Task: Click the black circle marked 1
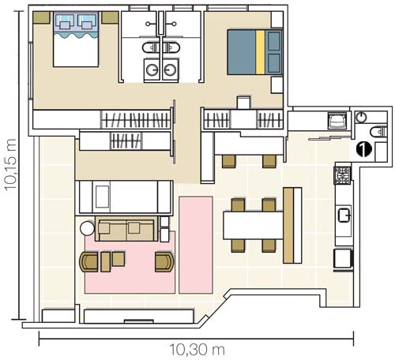[364, 149]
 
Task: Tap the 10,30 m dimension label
[197, 350]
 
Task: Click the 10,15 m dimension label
[11, 164]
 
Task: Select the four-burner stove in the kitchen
[343, 175]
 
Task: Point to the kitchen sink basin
[344, 215]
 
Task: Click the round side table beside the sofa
[87, 228]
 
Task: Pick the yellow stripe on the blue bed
[260, 52]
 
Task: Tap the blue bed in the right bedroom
[255, 52]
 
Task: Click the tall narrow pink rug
[196, 245]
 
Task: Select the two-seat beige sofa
[126, 229]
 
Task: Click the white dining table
[253, 225]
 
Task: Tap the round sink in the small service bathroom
[361, 117]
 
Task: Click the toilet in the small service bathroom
[378, 132]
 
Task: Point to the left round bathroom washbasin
[152, 69]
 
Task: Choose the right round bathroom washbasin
[170, 69]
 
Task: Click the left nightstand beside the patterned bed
[42, 17]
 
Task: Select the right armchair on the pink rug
[164, 262]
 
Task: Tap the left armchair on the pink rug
[89, 262]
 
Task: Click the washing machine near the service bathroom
[337, 121]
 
